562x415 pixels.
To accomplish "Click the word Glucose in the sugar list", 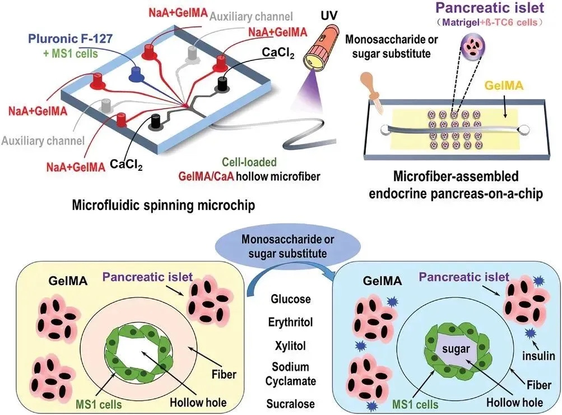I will tap(291, 299).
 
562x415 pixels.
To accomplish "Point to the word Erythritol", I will tap(291, 323).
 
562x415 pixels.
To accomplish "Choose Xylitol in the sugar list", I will tap(291, 346).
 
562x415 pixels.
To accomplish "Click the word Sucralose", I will tap(291, 404).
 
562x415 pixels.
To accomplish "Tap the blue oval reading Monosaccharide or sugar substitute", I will tap(283, 247).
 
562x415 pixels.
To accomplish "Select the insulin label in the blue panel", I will tap(540, 355).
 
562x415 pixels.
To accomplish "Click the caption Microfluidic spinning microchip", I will tap(164, 206).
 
